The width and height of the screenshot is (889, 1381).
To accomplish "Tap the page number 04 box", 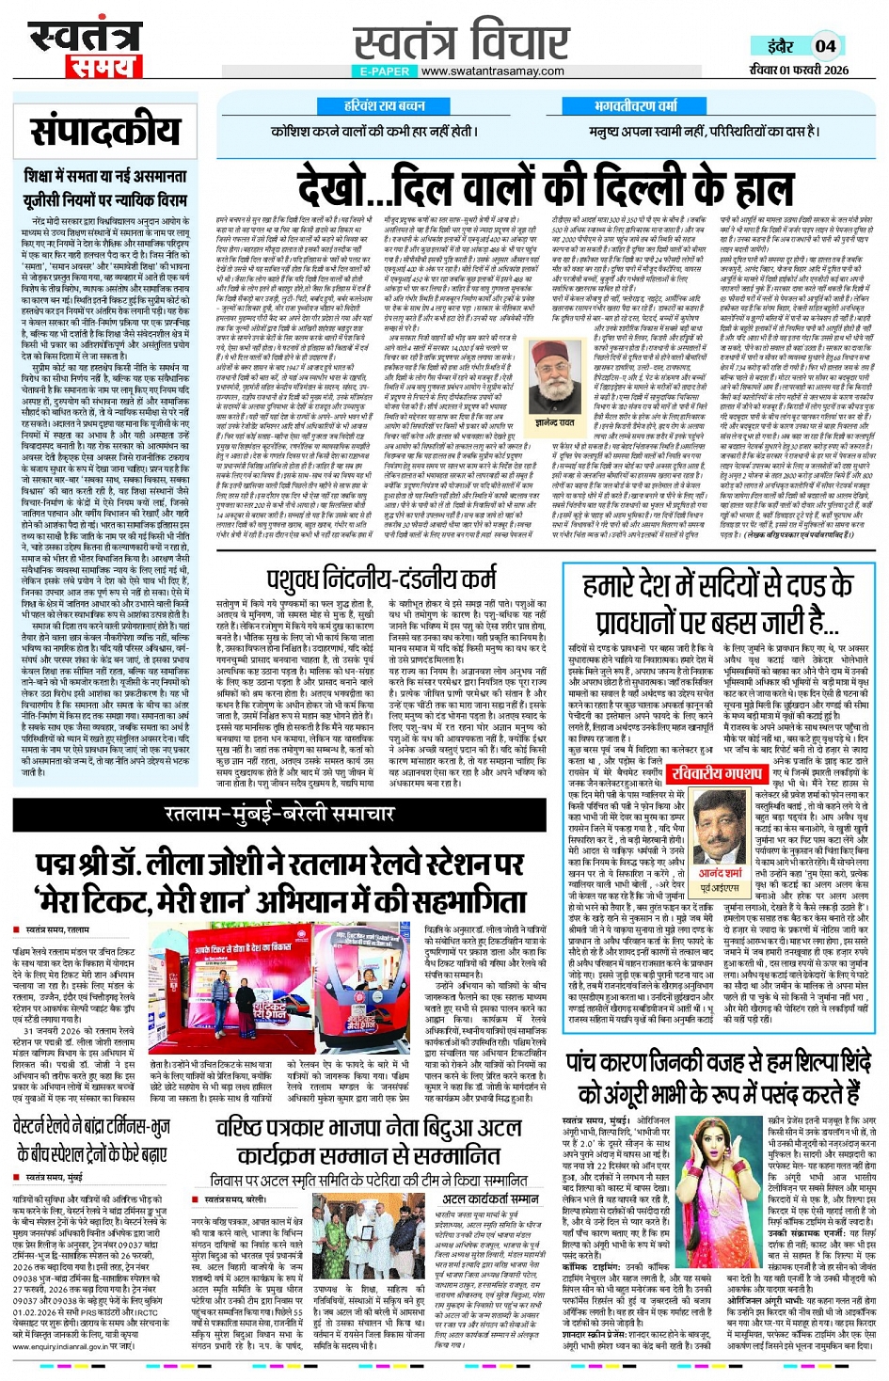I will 825,46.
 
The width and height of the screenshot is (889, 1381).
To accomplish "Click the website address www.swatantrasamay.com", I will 492,71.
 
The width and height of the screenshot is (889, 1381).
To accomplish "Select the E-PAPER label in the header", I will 385,71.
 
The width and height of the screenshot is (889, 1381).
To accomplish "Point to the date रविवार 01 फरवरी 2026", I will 799,70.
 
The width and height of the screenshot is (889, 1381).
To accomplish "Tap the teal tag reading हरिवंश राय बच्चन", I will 385,106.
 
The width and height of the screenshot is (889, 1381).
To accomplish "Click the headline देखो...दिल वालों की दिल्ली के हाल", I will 532,185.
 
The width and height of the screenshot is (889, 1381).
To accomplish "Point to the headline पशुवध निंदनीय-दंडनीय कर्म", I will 381,576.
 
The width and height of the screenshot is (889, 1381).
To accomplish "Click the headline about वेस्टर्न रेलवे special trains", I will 91,1139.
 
